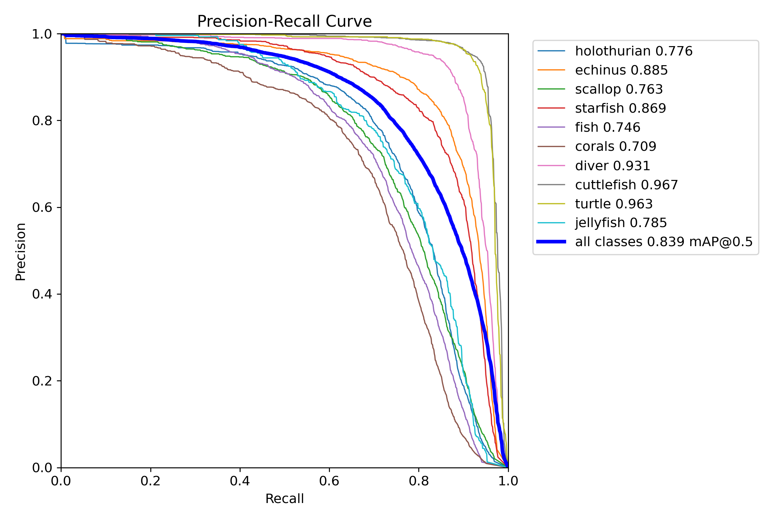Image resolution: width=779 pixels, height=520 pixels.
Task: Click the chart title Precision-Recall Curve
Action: point(284,21)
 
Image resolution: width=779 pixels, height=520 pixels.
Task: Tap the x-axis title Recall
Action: point(284,499)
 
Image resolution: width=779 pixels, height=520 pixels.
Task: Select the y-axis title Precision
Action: point(20,251)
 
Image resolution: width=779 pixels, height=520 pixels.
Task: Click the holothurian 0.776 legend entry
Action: point(634,51)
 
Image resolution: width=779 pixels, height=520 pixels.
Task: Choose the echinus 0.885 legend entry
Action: point(621,70)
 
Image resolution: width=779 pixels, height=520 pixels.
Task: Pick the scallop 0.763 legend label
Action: point(619,89)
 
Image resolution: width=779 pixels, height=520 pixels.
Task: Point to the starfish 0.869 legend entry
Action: point(620,108)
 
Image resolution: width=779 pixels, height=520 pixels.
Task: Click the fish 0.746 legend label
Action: point(608,127)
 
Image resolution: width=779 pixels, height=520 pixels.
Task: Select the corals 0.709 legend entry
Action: point(616,146)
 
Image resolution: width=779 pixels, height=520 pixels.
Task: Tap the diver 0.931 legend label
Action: point(612,166)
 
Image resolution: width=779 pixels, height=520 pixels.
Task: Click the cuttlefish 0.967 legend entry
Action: point(626,185)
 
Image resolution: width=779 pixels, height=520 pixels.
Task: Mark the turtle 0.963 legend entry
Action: point(614,204)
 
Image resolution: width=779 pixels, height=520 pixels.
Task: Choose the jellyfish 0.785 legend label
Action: point(621,223)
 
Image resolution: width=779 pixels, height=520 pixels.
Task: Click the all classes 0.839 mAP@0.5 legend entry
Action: point(664,242)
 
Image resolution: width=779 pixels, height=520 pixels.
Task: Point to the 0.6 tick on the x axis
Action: point(329,481)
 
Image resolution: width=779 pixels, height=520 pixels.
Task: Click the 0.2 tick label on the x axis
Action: point(151,481)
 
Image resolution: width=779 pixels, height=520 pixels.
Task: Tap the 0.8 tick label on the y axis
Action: point(42,121)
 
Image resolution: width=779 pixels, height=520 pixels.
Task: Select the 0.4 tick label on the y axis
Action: point(42,294)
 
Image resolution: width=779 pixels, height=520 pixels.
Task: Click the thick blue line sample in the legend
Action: point(551,242)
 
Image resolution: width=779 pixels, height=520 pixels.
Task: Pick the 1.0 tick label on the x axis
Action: point(508,481)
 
